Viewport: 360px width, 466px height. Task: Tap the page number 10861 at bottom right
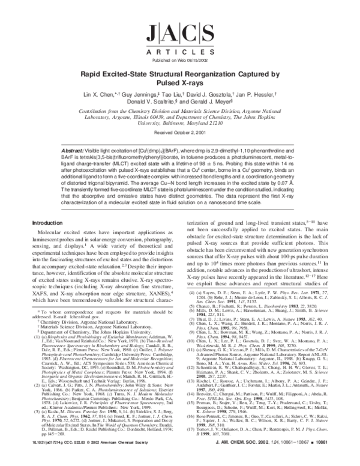pyautogui.click(x=339, y=455)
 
